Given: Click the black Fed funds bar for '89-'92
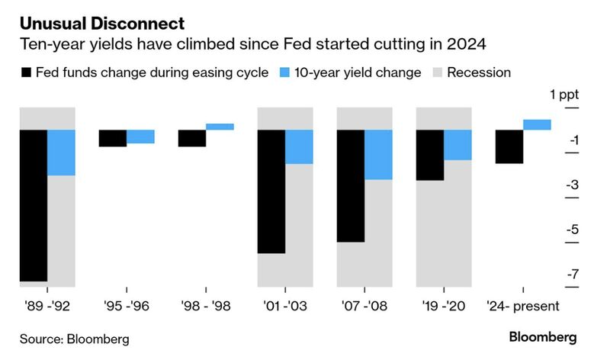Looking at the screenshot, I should pos(34,206).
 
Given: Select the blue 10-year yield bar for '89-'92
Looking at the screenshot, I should pos(61,153).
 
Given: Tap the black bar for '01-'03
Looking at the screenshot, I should pos(271,191).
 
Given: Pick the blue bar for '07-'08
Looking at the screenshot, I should pos(378,155).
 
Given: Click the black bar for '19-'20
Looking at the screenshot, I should pos(430,156).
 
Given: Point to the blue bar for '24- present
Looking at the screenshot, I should pos(537,125).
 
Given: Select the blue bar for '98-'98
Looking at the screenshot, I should pos(220,127).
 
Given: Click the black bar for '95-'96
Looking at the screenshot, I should pos(113,138).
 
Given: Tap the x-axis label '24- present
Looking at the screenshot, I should pos(523,306).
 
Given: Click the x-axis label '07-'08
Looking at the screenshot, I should pos(364,306).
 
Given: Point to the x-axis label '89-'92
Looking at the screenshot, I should pos(47,306).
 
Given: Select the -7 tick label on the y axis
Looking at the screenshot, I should pos(572,275).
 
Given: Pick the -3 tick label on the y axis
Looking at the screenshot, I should pos(572,185).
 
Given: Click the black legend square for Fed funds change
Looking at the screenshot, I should pos(26,73).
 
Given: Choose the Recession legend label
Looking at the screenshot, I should pos(479,73).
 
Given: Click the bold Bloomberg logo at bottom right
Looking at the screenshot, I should pos(543,337).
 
